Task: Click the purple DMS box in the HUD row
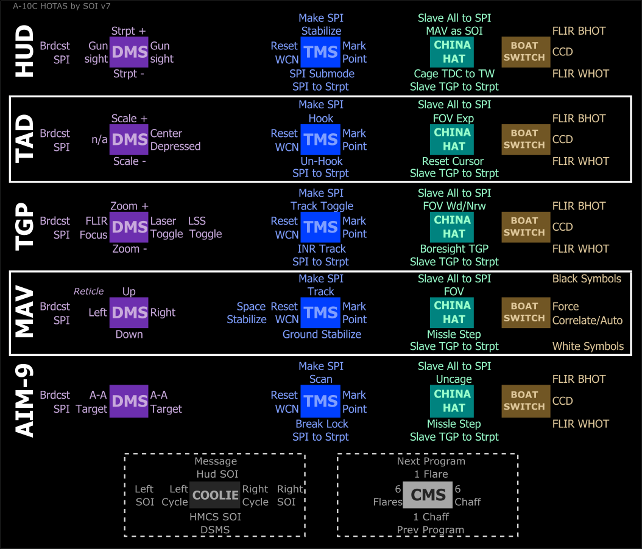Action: (x=129, y=52)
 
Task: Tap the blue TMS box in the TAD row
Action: (x=321, y=139)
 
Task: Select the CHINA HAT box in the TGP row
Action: (x=453, y=226)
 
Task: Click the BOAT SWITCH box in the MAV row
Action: (x=524, y=312)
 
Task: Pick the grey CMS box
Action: (x=428, y=495)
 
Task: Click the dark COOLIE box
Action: (x=215, y=495)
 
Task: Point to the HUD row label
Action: (x=24, y=52)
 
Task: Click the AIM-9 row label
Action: (x=24, y=401)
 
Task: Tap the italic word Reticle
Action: (x=89, y=292)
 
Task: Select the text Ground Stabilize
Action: (x=322, y=334)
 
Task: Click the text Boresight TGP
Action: (x=454, y=248)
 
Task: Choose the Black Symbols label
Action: (x=587, y=279)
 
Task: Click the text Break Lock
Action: (x=322, y=424)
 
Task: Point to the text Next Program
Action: (x=431, y=461)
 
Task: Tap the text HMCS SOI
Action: (x=215, y=517)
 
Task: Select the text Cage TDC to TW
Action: (x=454, y=74)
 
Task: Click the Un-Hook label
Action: (x=322, y=161)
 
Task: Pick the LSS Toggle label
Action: (x=205, y=228)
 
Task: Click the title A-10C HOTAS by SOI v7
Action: (x=62, y=6)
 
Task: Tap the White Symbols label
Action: (x=588, y=346)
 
